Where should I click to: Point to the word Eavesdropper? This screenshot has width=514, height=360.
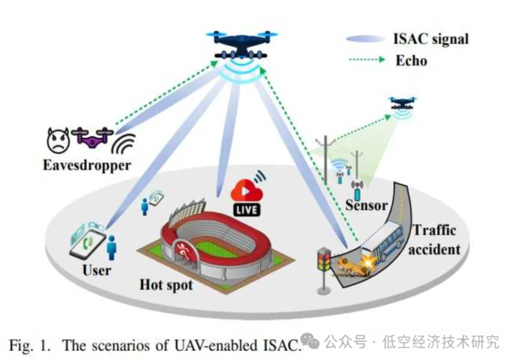pyautogui.click(x=87, y=165)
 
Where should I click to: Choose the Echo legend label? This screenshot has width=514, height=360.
pyautogui.click(x=411, y=60)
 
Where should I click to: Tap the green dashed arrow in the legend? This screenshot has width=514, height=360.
pyautogui.click(x=366, y=60)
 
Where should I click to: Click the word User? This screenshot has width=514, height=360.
pyautogui.click(x=97, y=270)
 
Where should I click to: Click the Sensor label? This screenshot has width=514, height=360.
pyautogui.click(x=366, y=205)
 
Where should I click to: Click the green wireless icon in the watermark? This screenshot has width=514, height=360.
pyautogui.click(x=310, y=341)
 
